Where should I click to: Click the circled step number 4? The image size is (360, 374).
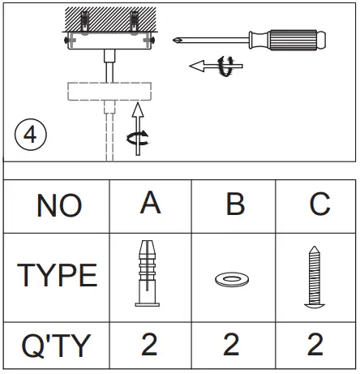click(x=30, y=134)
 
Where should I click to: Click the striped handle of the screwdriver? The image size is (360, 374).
click(x=294, y=37)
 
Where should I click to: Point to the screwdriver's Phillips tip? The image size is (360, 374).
click(x=174, y=38)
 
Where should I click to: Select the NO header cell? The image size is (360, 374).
click(x=58, y=205)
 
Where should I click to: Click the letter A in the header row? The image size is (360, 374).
click(x=149, y=204)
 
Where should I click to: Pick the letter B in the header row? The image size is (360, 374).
click(x=234, y=204)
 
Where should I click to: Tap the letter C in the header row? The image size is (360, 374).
click(x=319, y=204)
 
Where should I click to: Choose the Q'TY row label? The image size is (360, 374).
click(x=57, y=346)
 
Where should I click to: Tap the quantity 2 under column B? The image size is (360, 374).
click(x=232, y=346)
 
